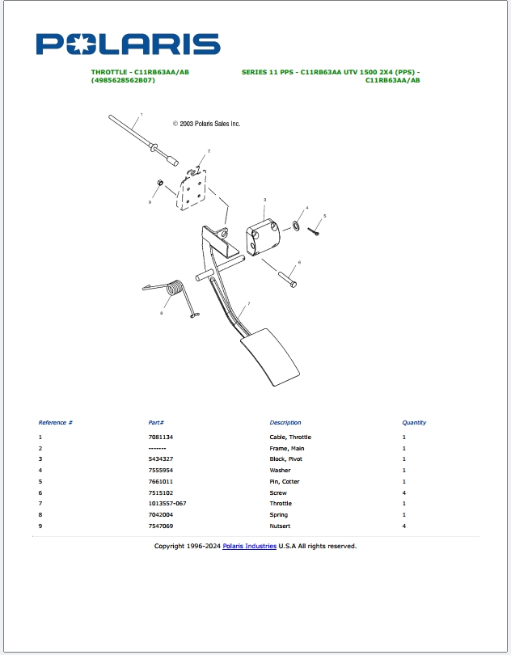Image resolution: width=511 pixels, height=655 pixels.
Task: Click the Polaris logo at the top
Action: pyautogui.click(x=128, y=44)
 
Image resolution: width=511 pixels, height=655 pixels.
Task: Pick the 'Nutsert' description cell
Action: pyautogui.click(x=280, y=526)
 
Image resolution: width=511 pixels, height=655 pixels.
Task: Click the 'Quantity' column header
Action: pyautogui.click(x=414, y=422)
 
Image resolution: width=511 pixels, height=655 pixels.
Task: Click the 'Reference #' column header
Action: pyautogui.click(x=56, y=422)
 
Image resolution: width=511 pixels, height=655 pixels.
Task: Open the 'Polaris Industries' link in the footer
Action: pyautogui.click(x=249, y=546)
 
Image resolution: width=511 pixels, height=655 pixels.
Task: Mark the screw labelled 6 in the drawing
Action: pyautogui.click(x=287, y=279)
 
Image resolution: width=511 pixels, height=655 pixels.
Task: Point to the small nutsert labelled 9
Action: pyautogui.click(x=160, y=184)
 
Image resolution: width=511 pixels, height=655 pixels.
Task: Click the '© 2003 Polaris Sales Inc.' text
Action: pyautogui.click(x=206, y=124)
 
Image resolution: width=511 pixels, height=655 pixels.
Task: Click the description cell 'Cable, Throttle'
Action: pyautogui.click(x=290, y=437)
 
